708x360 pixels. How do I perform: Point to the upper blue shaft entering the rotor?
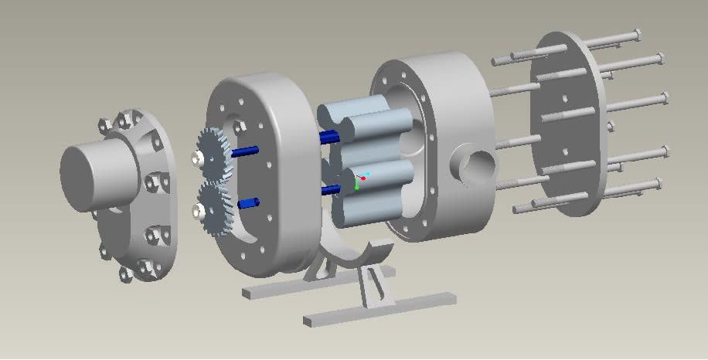(328, 138)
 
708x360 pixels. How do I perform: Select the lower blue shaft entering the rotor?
(330, 189)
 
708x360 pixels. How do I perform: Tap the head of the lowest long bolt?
(656, 184)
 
